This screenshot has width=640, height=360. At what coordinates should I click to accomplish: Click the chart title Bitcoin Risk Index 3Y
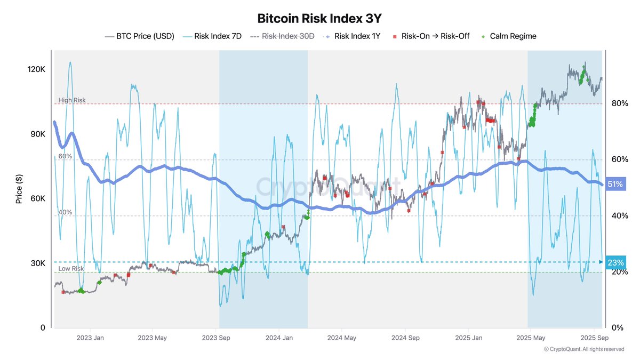click(x=319, y=18)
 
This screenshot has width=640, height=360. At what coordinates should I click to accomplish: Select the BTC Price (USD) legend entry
click(x=140, y=36)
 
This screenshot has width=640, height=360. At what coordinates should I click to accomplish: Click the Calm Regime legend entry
click(x=508, y=36)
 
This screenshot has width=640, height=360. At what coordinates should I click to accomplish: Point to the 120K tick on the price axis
click(x=37, y=70)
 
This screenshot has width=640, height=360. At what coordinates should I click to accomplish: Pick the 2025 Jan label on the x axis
click(x=469, y=338)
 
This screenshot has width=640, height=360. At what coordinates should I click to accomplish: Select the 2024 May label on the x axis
click(x=342, y=338)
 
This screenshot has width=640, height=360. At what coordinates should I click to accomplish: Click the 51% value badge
click(x=615, y=185)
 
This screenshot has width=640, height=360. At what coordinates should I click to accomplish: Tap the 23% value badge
click(x=615, y=262)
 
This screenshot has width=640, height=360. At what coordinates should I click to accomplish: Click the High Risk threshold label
click(x=71, y=100)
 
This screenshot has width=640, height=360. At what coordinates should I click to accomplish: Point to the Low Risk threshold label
click(x=71, y=269)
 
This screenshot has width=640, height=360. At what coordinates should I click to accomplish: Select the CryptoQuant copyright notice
click(x=583, y=349)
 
